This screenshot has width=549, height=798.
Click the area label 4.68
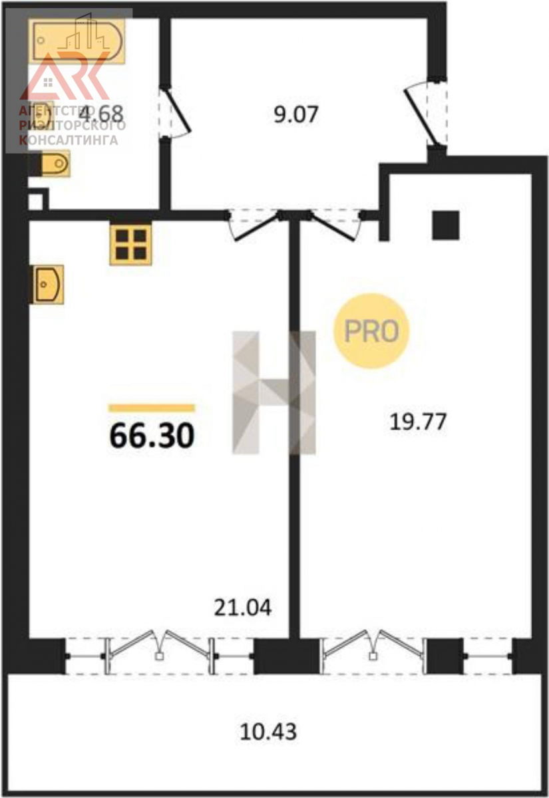tap(101, 114)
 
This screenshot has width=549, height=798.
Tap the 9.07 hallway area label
tap(295, 114)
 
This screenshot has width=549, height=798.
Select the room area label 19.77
tap(418, 422)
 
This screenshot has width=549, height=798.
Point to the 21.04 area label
tap(243, 607)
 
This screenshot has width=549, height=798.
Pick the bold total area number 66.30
tap(152, 436)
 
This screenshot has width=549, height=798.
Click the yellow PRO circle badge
tap(371, 331)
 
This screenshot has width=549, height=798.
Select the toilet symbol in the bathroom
tap(55, 164)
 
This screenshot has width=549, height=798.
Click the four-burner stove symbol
tap(131, 244)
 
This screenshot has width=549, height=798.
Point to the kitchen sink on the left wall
tap(48, 284)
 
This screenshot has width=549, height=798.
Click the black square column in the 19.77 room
tap(446, 225)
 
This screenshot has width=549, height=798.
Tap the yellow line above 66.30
tap(152, 408)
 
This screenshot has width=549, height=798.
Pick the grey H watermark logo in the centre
tap(274, 392)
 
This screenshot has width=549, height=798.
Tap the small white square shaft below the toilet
tap(36, 201)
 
